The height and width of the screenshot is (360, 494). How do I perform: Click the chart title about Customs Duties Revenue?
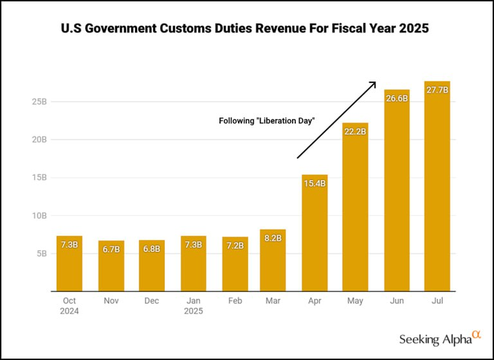[244, 28]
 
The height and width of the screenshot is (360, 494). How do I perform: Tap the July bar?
[437, 186]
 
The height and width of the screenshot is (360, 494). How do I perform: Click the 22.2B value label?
[355, 132]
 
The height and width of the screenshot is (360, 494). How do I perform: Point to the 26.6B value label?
[397, 98]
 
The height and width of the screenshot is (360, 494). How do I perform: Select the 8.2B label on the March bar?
[273, 238]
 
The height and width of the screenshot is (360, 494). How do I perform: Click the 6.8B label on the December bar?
[152, 249]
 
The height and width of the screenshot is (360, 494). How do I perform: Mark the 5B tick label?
[42, 254]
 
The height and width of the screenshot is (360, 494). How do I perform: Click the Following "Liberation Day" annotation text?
[266, 121]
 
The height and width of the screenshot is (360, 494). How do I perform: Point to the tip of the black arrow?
[376, 82]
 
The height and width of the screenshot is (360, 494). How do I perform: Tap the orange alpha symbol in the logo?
[477, 334]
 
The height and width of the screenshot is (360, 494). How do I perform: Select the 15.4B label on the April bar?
[315, 183]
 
